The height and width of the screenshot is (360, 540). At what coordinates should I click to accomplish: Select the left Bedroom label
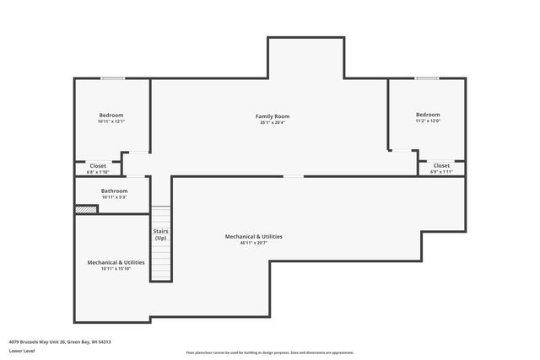coord(111,115)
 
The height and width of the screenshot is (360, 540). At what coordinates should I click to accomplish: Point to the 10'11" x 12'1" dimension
coord(111,121)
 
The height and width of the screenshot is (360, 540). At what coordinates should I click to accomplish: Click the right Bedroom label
coord(427,114)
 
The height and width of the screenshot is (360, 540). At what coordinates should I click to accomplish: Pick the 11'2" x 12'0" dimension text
coord(427,121)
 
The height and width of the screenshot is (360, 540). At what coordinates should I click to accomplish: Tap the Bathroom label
coord(114,191)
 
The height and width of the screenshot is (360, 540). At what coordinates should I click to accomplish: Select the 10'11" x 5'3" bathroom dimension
coord(114,197)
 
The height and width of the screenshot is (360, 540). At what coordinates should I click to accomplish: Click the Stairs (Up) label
coord(160,234)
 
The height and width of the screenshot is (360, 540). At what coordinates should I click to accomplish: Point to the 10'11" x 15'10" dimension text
coord(116,269)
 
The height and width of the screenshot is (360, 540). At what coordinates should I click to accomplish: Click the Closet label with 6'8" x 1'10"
coord(98,166)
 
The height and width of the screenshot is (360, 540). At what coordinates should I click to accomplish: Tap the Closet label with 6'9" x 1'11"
coord(441,165)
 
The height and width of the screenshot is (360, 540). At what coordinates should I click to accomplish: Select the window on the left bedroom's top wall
coord(113,78)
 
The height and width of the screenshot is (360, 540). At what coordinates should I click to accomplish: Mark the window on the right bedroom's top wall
coord(426,78)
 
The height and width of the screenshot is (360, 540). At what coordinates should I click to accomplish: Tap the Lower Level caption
coord(22,351)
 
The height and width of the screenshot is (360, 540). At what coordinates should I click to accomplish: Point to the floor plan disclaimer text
coord(269,352)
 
